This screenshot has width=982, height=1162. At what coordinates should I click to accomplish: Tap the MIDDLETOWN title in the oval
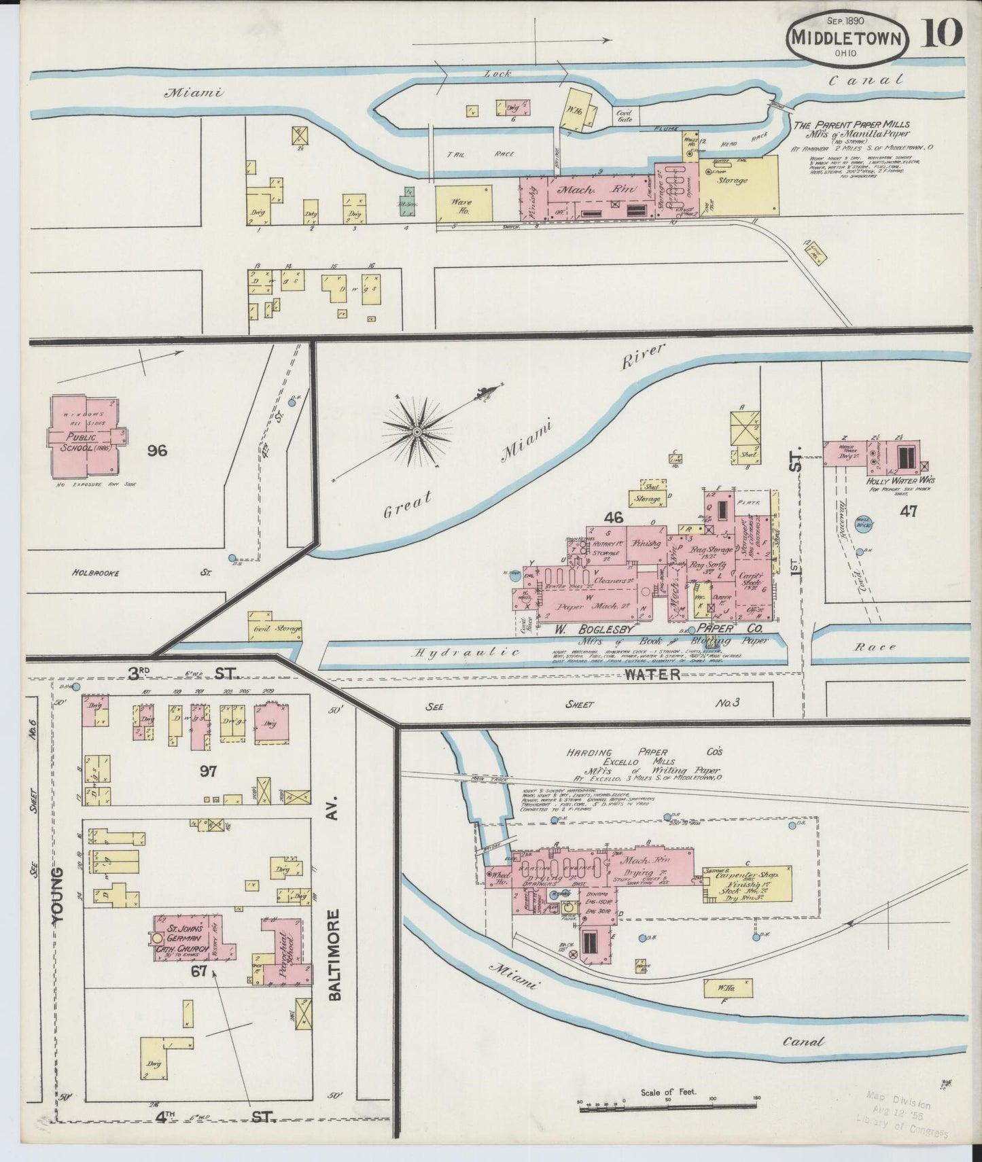coord(849,38)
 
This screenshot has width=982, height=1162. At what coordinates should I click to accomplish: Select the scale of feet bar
coord(669,1108)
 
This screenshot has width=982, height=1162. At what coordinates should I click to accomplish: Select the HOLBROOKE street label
coord(96,573)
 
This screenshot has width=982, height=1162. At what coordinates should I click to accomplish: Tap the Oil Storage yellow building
coord(275,627)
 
